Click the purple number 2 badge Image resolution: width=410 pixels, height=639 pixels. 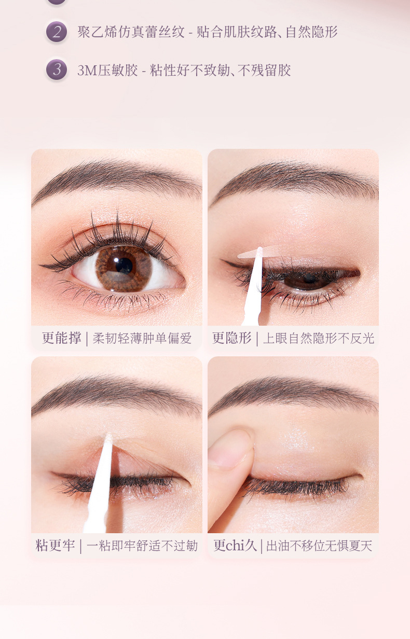pyautogui.click(x=56, y=32)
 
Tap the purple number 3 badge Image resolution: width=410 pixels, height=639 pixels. pyautogui.click(x=56, y=70)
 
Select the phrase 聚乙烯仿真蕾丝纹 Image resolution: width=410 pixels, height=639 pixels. pyautogui.click(x=131, y=32)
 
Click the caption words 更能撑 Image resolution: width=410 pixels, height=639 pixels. pyautogui.click(x=61, y=338)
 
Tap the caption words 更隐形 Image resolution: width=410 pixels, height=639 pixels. pyautogui.click(x=231, y=338)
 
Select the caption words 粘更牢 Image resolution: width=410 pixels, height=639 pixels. pyautogui.click(x=55, y=546)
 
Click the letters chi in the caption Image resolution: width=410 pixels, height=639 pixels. pyautogui.click(x=236, y=546)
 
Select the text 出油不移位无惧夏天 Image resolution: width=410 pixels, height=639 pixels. pyautogui.click(x=319, y=546)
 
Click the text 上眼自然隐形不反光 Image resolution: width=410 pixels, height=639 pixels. pyautogui.click(x=318, y=339)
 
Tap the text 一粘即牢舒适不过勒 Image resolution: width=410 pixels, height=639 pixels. pyautogui.click(x=142, y=546)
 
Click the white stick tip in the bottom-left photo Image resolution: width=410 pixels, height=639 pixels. pyautogui.click(x=108, y=439)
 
